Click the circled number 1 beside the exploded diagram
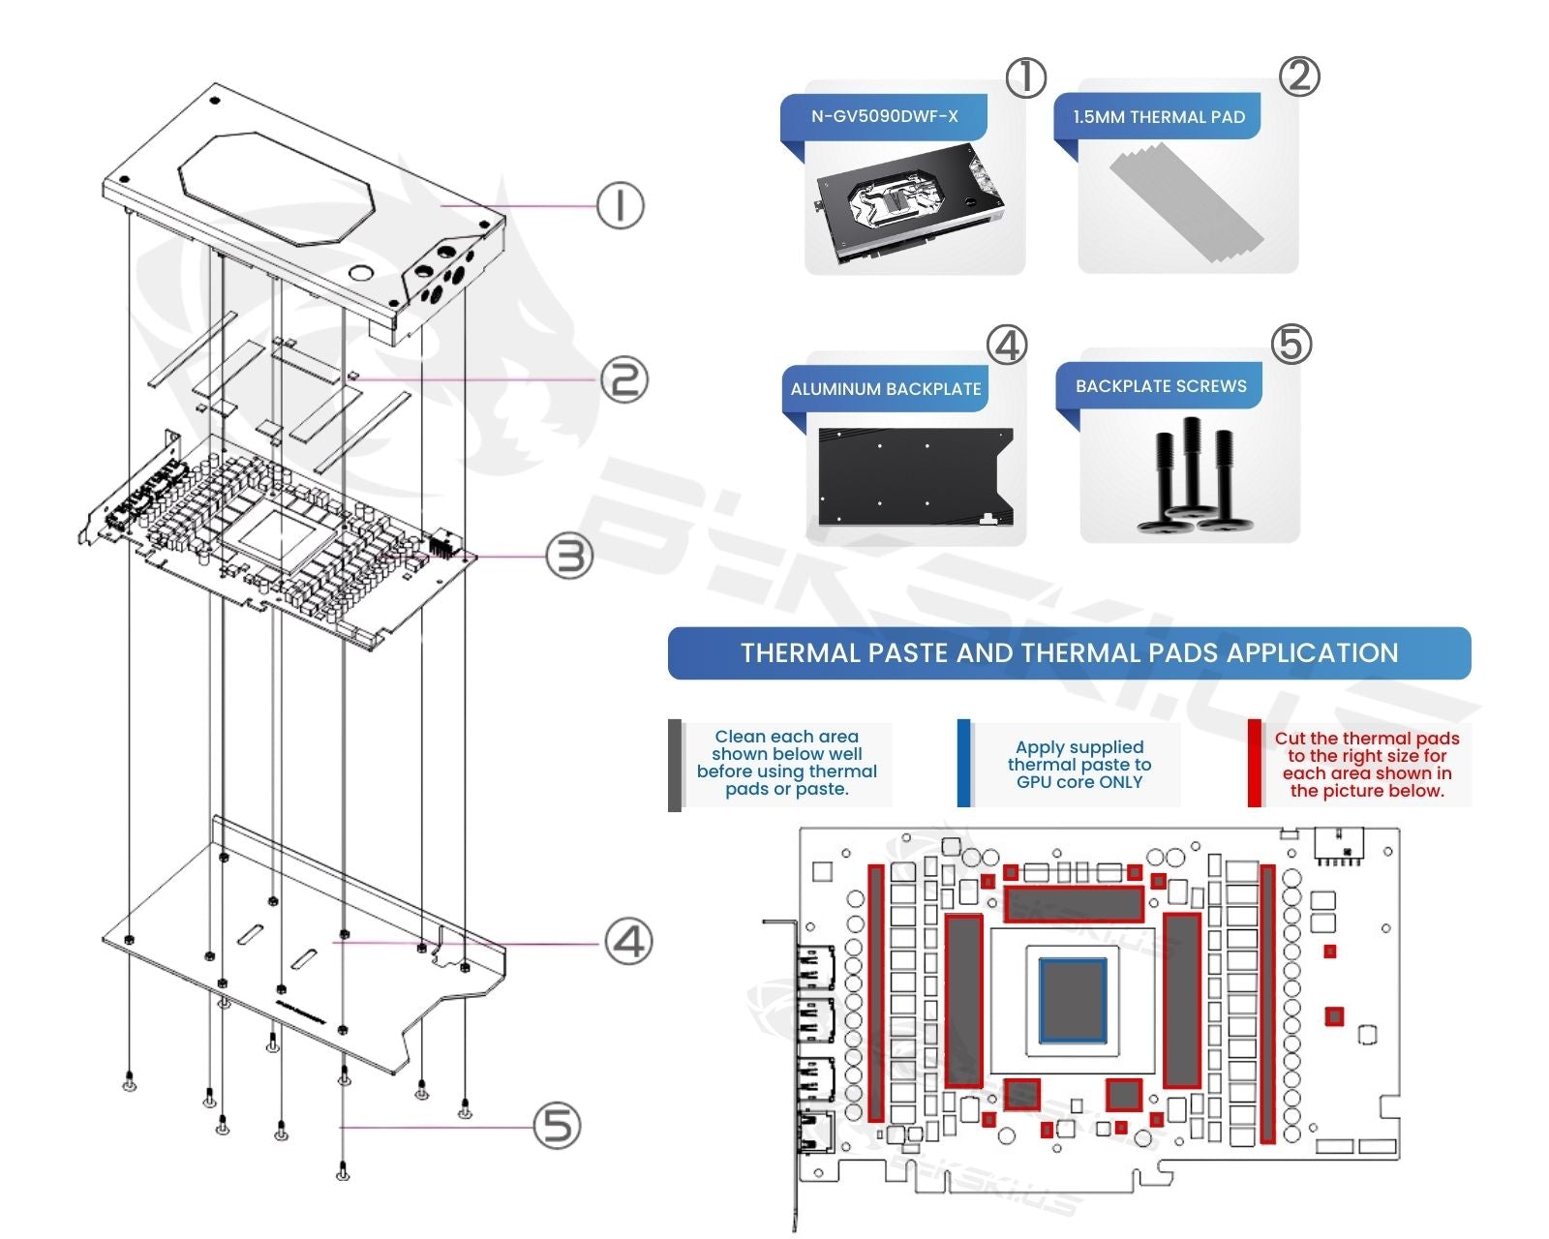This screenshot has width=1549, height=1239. click(x=620, y=205)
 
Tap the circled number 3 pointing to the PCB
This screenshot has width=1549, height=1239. click(x=569, y=557)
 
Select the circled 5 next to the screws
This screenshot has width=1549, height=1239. click(x=557, y=1126)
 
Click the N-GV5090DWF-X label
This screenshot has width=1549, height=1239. click(x=884, y=117)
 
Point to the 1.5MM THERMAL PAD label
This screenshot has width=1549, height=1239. click(x=1158, y=117)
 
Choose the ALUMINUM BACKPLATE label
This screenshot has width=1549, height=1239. click(x=885, y=389)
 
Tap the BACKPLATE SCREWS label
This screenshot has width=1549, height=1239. click(x=1160, y=386)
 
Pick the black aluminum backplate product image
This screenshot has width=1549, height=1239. click(x=915, y=476)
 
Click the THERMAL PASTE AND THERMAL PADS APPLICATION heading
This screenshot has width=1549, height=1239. click(x=1069, y=653)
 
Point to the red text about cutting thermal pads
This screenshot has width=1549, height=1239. click(x=1366, y=765)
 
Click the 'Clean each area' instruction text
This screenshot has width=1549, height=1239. click(x=786, y=763)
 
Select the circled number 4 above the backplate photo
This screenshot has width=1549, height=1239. click(x=1007, y=345)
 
